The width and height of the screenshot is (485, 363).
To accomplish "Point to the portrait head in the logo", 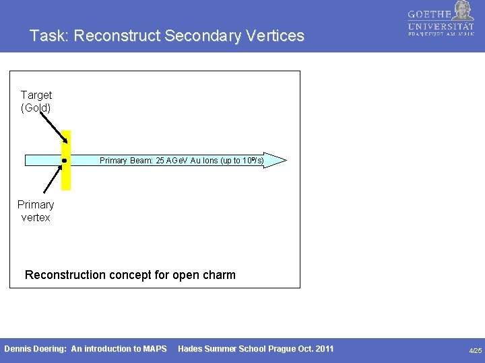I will [x=463, y=10].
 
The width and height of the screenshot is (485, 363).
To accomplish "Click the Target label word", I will [x=36, y=95].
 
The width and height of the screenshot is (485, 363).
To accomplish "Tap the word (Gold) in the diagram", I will [x=36, y=108].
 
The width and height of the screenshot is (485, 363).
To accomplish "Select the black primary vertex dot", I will [x=63, y=161].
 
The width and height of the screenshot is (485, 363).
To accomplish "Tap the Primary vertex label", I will [x=36, y=211].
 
